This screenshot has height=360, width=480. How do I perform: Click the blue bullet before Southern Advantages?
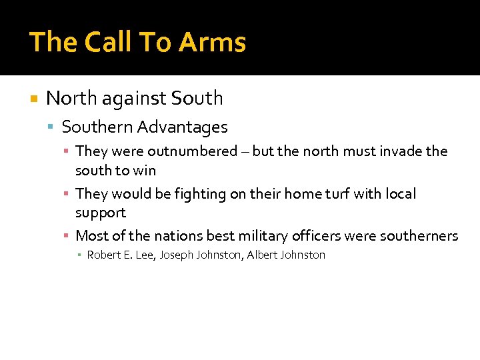52,127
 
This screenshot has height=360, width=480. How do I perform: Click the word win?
145,170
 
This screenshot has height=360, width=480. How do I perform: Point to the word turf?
344,194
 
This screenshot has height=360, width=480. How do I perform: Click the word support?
101,213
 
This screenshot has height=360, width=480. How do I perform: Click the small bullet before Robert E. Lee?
79,255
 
